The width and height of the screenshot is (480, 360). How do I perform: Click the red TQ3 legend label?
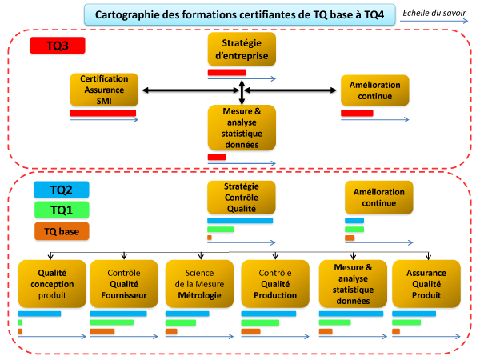point(58,46)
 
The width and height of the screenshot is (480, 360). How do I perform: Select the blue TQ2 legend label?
point(62,190)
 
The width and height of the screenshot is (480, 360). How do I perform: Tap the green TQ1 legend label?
point(62,210)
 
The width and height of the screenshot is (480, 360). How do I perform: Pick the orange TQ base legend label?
point(62,231)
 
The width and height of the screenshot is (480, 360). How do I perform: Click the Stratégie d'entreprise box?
point(242,49)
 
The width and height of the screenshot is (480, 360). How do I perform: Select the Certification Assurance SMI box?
point(104,90)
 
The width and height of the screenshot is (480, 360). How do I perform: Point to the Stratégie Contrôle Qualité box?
point(242,198)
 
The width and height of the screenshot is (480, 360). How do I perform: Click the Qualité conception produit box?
point(52,284)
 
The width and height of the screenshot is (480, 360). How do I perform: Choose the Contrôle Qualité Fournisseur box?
point(124,284)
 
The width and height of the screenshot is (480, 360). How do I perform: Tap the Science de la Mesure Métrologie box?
point(199,284)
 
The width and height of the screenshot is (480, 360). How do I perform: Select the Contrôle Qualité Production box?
point(275,284)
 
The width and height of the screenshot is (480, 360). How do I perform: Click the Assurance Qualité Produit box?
point(426,284)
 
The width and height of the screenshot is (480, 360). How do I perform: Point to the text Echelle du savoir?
point(434,13)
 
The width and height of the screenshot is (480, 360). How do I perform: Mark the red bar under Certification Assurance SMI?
point(103,113)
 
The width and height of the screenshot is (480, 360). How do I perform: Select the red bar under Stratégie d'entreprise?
point(227,72)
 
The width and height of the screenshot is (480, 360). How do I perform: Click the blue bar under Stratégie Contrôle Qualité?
point(240,221)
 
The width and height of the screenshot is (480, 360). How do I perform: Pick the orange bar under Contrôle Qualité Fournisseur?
point(102,331)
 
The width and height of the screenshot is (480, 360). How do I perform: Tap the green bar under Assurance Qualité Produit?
point(406,322)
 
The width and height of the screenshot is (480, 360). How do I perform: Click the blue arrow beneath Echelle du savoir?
point(434,21)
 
